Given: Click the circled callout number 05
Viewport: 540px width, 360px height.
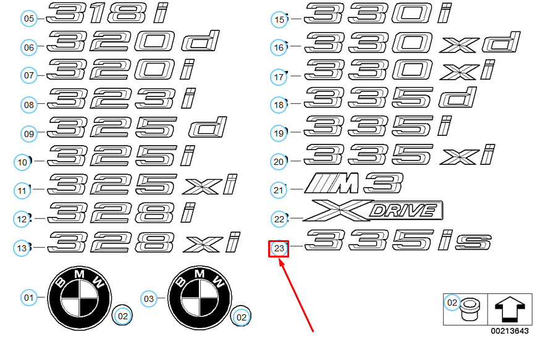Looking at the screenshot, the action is click(29, 19).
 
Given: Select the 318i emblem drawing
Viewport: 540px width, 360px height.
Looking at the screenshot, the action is click(107, 13).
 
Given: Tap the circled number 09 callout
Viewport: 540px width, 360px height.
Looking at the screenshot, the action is click(29, 133).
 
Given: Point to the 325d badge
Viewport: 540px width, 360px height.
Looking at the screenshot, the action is click(137, 127).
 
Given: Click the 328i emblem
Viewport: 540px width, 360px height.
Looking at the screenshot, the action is click(122, 212).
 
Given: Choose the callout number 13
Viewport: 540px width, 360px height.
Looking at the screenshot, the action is click(22, 248).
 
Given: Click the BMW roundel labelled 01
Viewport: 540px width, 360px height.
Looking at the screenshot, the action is click(80, 298).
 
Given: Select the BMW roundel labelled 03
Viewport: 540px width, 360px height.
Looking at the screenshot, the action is click(200, 298).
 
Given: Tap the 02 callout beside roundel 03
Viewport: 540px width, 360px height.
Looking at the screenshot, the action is click(242, 317).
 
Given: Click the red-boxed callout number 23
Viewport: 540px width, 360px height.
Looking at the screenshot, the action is click(279, 248).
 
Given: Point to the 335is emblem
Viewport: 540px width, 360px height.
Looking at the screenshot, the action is click(398, 240).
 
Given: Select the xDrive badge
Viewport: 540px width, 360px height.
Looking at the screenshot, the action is click(373, 210).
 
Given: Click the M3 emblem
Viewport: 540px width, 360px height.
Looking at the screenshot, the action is click(353, 183).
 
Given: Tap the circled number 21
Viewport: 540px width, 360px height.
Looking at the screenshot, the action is click(278, 190).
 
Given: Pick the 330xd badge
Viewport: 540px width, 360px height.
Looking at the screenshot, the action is click(412, 43).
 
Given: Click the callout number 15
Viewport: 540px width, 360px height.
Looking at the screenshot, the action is click(279, 19).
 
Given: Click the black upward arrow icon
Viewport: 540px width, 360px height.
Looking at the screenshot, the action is click(510, 309).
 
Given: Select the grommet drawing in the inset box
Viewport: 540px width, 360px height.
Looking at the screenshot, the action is click(470, 309).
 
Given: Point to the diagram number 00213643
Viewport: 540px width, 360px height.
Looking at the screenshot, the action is click(510, 331).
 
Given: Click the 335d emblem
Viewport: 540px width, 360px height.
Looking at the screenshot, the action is click(390, 98).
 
